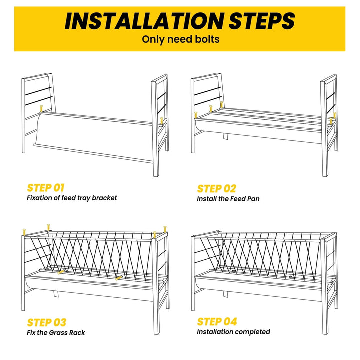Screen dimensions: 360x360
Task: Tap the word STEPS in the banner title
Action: [x=262, y=21]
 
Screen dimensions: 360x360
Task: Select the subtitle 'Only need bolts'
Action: [x=181, y=39]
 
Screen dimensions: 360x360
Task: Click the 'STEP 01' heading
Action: [x=46, y=188]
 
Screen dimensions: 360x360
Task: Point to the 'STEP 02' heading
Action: [x=216, y=189]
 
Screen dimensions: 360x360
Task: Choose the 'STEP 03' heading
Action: [x=47, y=322]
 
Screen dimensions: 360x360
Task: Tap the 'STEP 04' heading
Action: [x=217, y=321]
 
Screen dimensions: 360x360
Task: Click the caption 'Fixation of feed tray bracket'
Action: [x=72, y=198]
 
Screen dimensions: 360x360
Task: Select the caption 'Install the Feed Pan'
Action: [x=228, y=199]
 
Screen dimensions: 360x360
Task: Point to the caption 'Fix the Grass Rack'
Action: [x=56, y=332]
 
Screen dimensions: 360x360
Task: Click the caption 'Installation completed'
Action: [x=233, y=332]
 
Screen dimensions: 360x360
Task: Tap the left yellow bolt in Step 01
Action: [x=41, y=108]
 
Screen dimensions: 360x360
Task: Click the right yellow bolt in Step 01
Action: [x=162, y=121]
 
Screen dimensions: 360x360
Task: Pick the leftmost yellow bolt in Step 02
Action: [x=196, y=115]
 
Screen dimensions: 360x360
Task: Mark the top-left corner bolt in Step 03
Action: [x=24, y=232]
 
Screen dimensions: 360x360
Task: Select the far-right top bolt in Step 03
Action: [x=165, y=229]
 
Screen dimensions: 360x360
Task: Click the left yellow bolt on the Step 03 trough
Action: [x=61, y=272]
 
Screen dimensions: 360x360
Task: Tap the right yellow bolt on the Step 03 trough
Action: [x=118, y=278]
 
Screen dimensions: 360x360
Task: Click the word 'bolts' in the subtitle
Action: [x=207, y=39]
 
